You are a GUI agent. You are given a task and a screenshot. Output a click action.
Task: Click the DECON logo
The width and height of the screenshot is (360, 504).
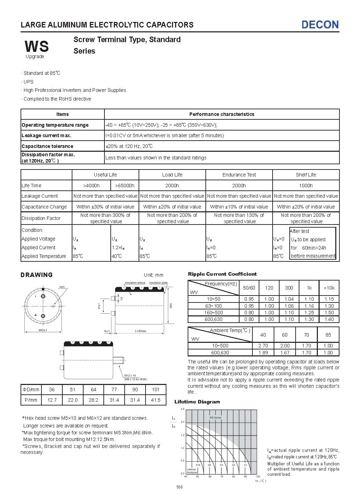320,24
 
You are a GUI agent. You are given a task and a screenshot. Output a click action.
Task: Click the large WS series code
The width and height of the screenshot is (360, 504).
37,46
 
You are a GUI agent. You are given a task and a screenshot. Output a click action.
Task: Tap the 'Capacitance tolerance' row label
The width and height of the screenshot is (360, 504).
47,146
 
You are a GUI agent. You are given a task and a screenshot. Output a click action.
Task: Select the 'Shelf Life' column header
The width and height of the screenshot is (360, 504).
306,175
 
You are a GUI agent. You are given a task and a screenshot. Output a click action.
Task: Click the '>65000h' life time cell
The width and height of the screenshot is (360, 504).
125,186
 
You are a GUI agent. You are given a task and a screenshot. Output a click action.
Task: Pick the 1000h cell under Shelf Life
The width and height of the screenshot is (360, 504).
306,186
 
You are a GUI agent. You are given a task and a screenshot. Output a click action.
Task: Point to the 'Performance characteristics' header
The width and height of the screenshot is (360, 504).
222,114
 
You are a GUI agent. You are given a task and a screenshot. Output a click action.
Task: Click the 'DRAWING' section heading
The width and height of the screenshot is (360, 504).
37,275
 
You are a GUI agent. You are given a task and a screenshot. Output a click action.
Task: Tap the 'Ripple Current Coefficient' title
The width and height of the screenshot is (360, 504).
222,274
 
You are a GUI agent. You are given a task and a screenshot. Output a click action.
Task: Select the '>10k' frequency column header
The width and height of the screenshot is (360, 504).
329,288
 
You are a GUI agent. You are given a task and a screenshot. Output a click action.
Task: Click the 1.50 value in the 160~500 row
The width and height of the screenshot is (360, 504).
329,313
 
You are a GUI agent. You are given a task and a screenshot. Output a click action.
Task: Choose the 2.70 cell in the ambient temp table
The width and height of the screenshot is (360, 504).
263,346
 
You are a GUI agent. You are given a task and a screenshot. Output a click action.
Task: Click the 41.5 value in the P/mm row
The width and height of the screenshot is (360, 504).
156,400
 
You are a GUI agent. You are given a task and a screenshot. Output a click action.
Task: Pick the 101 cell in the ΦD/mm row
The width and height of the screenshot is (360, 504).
156,389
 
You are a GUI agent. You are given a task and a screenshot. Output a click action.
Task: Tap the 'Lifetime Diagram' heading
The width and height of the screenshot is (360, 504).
197,402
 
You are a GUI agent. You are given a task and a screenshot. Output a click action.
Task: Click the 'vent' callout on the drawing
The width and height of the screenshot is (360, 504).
62,287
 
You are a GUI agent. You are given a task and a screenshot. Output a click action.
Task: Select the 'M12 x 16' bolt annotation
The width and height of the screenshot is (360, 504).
130,376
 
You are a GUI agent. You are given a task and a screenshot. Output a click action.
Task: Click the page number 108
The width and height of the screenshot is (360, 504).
179,487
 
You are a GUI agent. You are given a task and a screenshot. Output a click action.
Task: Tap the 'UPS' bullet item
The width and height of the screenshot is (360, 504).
29,82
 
